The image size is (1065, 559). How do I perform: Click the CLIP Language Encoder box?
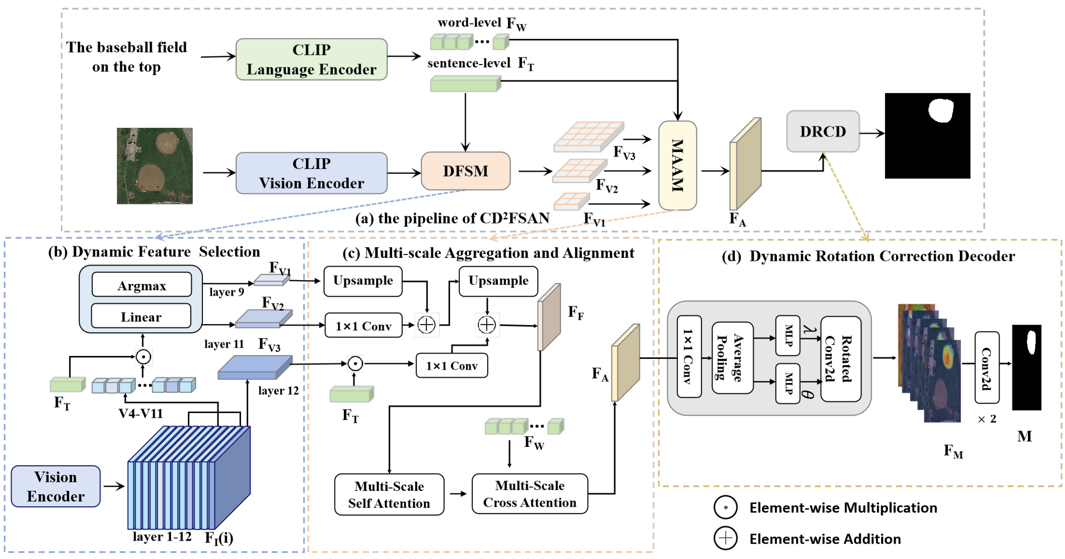311,59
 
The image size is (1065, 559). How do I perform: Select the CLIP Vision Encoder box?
311,173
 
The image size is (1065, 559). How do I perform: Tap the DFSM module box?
465,171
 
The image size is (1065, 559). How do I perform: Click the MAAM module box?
677,166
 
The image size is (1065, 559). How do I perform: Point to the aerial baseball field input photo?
155,166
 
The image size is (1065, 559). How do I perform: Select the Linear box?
141,317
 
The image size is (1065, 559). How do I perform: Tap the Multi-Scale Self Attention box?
389,495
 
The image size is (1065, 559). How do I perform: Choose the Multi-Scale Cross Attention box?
529,494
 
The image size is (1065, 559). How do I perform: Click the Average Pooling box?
732,357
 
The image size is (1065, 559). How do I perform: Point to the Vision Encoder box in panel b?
55,486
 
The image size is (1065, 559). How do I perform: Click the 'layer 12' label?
278,390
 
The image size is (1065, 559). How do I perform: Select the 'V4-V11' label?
140,413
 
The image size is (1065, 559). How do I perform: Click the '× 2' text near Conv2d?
987,419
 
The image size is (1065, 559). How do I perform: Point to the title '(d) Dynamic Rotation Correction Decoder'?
868,256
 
